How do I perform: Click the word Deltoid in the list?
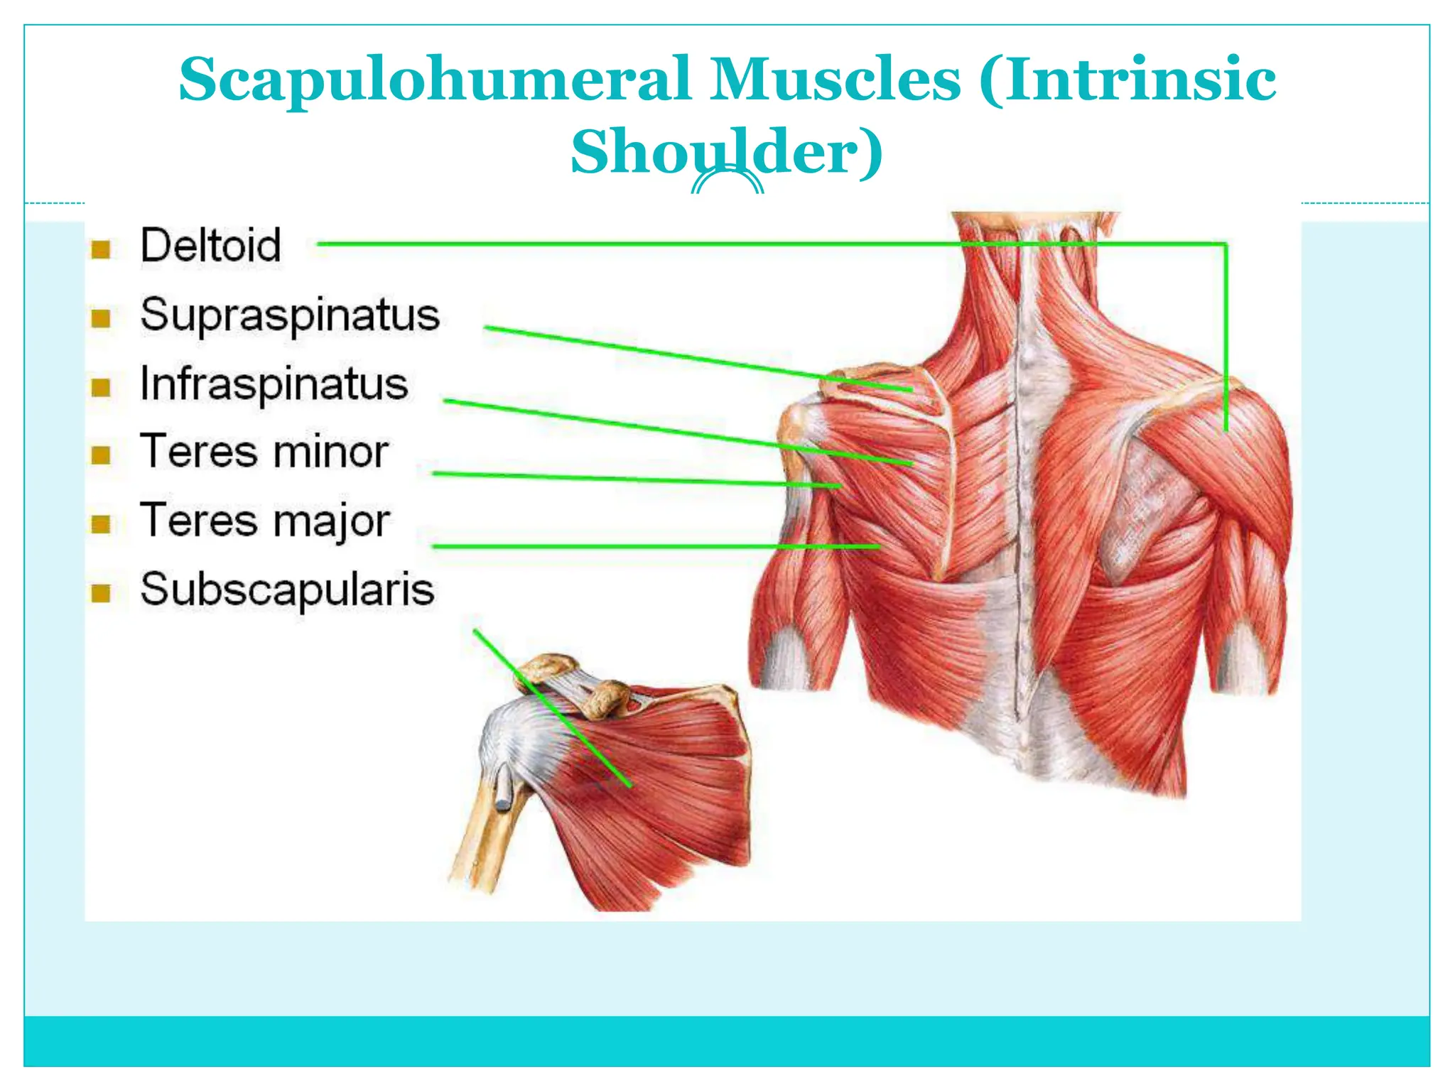pos(210,245)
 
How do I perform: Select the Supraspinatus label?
pos(290,315)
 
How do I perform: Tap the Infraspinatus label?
pos(274,384)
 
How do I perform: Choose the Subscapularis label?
pos(287,590)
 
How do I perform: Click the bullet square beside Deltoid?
pos(101,249)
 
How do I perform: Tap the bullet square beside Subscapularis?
pos(101,593)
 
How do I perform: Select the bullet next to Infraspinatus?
pos(101,387)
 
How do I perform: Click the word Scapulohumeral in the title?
pos(435,80)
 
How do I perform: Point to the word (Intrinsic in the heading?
pos(1127,80)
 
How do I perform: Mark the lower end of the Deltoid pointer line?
pos(1226,430)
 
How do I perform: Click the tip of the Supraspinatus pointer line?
pos(911,390)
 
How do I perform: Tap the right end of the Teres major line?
pos(880,547)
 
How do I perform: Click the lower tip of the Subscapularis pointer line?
pos(630,786)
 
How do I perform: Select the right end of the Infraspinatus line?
pos(911,464)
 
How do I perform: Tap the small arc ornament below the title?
pos(727,183)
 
